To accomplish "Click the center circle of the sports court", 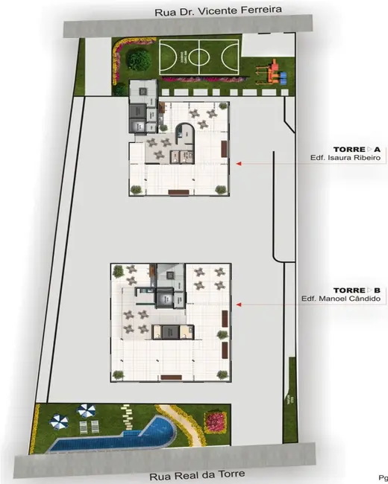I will click(185, 57).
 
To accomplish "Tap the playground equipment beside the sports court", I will click(272, 72).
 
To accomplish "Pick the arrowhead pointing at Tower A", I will click(237, 162).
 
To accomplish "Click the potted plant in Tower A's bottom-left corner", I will click(135, 190).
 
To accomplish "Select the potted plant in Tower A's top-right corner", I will click(222, 108).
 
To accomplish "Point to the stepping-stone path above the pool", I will click(128, 415).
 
